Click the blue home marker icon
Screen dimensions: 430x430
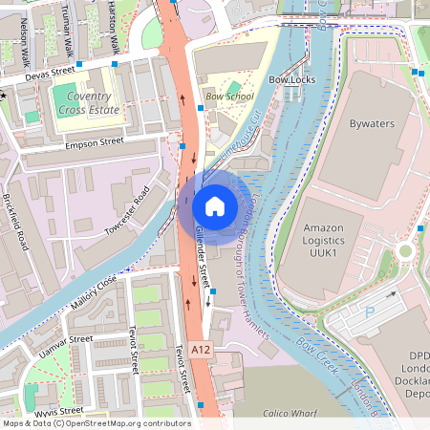click(x=215, y=206)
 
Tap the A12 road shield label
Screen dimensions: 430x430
click(x=200, y=351)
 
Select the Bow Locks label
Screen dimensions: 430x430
click(x=291, y=80)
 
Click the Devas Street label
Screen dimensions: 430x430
click(x=50, y=72)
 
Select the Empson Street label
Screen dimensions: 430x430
click(x=96, y=142)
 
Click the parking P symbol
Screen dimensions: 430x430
click(x=371, y=311)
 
